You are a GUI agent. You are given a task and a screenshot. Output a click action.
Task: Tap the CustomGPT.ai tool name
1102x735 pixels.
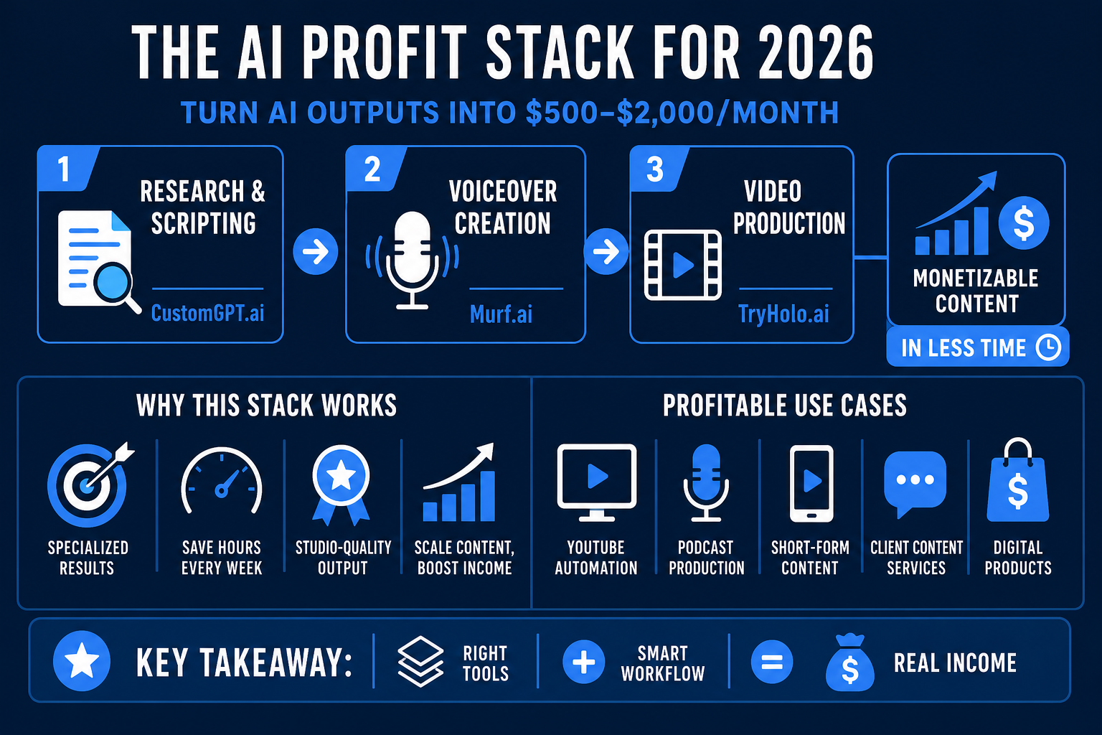(207, 313)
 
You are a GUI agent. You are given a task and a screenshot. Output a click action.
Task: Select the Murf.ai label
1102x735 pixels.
(501, 314)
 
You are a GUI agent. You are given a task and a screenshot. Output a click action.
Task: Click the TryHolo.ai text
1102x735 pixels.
(783, 314)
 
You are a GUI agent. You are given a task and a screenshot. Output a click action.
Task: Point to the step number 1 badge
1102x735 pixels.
(67, 169)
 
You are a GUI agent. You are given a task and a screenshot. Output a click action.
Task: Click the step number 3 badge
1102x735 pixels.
(656, 169)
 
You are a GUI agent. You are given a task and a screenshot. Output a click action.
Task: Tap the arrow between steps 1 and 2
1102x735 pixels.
(316, 251)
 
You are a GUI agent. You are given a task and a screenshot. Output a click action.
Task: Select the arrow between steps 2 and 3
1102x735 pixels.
(606, 251)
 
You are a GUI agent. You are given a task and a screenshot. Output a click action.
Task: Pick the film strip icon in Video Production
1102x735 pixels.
(683, 265)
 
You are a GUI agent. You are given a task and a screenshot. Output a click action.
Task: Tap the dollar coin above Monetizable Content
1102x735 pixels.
(1024, 223)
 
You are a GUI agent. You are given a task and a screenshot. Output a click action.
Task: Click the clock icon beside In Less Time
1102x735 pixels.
(1048, 347)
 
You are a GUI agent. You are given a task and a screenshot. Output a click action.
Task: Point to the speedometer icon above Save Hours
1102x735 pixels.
(222, 480)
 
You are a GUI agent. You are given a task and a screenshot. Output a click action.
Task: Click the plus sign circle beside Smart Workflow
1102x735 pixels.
(584, 662)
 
